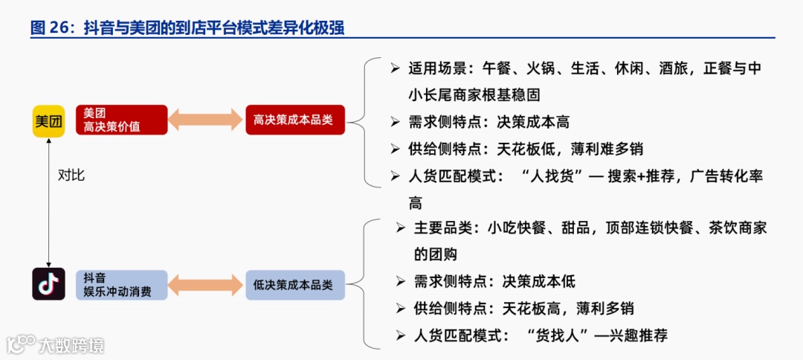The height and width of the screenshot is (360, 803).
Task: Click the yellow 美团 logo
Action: [x=49, y=120]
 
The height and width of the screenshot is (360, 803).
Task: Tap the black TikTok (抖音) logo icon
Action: [x=49, y=284]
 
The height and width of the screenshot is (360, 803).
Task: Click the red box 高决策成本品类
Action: [x=295, y=120]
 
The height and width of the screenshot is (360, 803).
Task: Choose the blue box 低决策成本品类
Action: [x=295, y=284]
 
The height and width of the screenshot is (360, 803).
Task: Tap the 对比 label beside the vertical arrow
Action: [x=71, y=176]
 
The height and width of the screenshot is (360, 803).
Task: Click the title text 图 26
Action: [x=49, y=28]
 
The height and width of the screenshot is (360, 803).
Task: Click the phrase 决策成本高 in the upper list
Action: [x=533, y=122]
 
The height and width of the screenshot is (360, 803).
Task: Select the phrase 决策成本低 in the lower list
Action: [x=538, y=281]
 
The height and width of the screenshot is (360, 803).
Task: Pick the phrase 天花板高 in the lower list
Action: [x=531, y=308]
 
